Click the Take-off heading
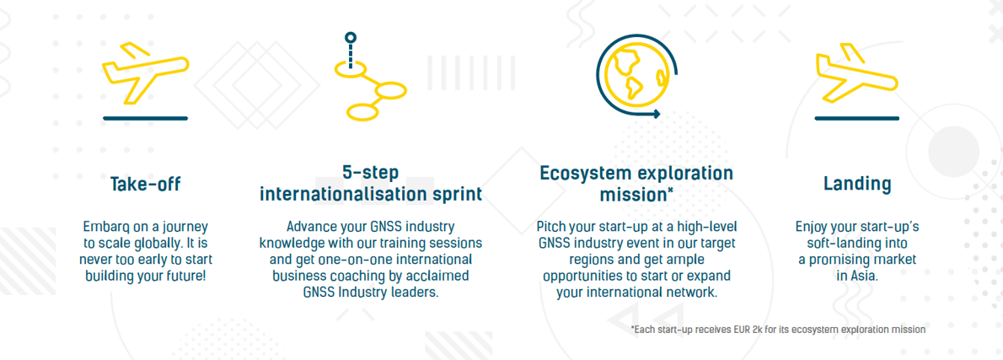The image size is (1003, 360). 145,185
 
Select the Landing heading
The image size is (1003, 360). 856,185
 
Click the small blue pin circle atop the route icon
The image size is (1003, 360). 351,38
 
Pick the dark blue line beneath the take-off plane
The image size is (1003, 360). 145,118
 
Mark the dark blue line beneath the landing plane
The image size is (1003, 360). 856,118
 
